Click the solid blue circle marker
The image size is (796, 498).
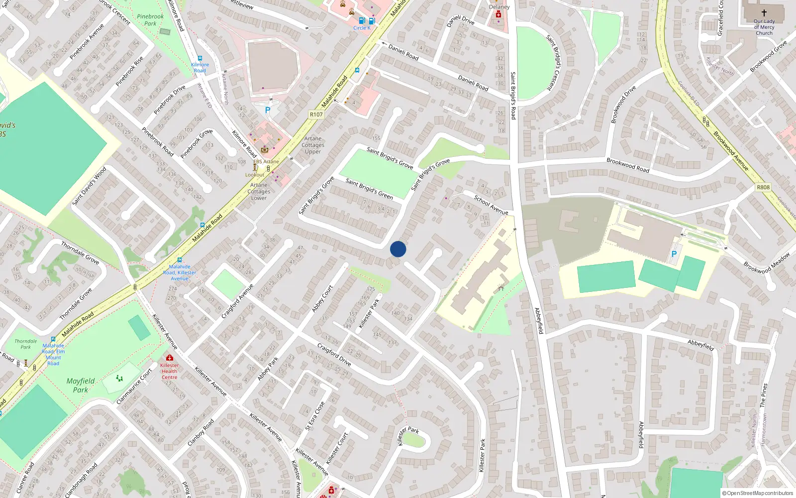coord(398,249)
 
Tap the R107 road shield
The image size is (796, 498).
coord(316,115)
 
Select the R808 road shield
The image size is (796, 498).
coord(763,187)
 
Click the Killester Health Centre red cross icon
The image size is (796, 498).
coord(170,358)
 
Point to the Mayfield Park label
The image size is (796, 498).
coord(81,385)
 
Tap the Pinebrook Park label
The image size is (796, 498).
coord(150,20)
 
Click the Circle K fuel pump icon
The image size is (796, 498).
coord(362,21)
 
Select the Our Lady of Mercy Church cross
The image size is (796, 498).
coord(764,13)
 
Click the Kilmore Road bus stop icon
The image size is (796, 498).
coord(200,58)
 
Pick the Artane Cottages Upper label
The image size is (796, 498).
coord(313,145)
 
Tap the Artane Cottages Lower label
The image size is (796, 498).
coord(259,191)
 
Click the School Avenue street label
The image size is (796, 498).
coord(491,205)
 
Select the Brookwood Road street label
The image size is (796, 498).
coord(628,165)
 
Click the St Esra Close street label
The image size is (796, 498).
coord(315,415)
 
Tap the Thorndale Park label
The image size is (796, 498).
coord(25,344)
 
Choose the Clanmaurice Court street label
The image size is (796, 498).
coord(134,386)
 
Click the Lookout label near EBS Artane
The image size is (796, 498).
coord(255,175)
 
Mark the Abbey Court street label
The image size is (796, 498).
coord(322,299)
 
